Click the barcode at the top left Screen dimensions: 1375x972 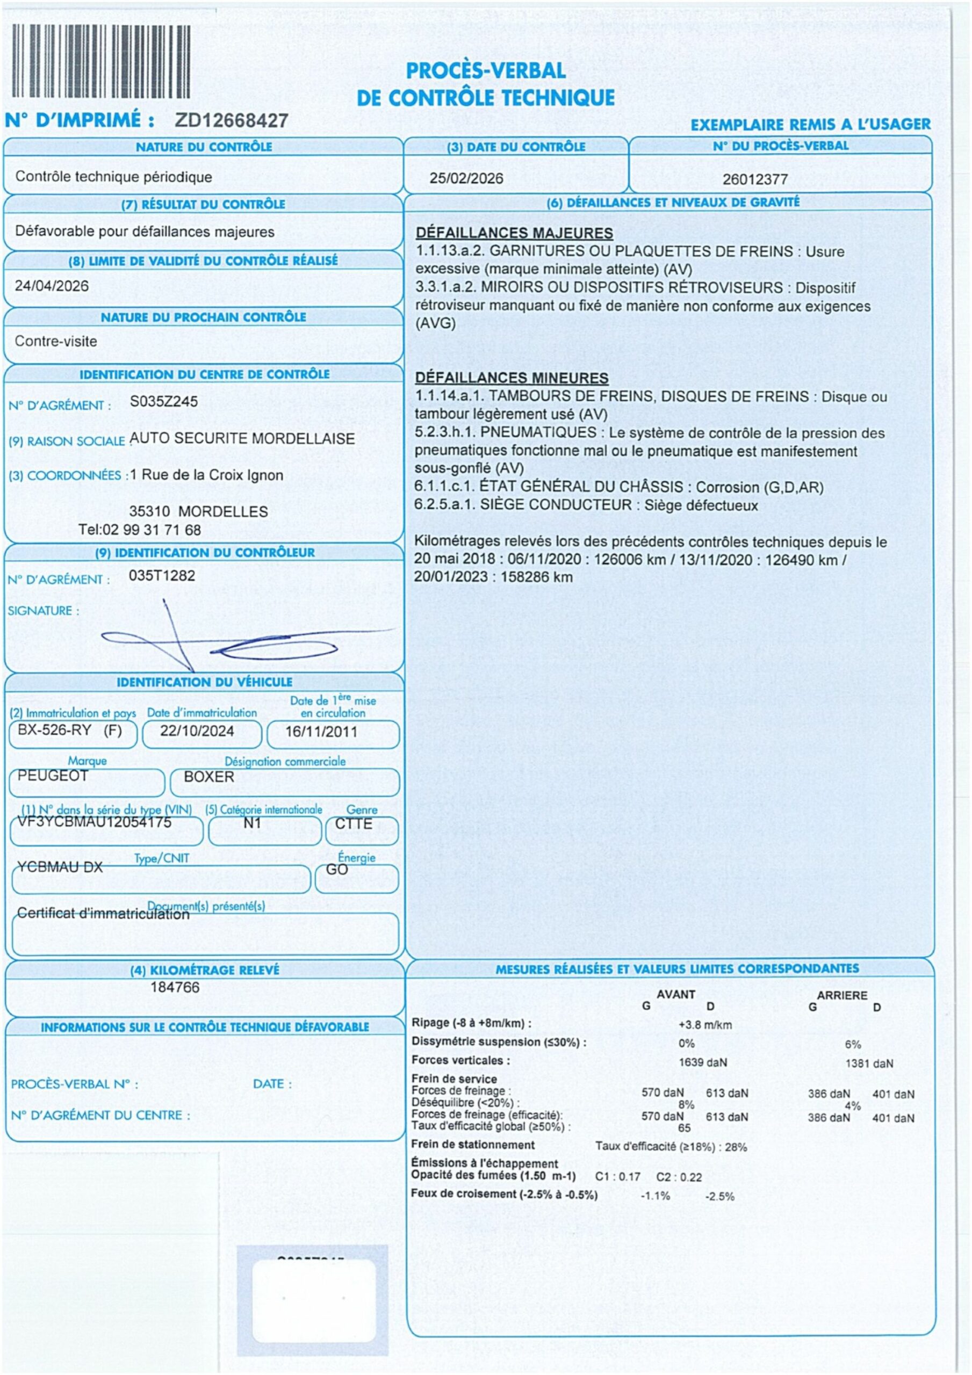(x=100, y=61)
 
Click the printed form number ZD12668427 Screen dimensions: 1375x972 (x=232, y=120)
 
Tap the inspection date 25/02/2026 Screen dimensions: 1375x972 (x=466, y=178)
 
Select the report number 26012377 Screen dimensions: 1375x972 (x=754, y=179)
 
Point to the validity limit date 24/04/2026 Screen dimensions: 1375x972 (x=52, y=286)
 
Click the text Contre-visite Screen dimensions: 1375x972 (x=56, y=342)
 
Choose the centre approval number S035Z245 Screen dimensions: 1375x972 (x=163, y=401)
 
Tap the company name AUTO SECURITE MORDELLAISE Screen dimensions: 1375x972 (x=242, y=438)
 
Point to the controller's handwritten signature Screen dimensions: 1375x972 (x=240, y=641)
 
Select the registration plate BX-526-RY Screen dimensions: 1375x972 (x=54, y=730)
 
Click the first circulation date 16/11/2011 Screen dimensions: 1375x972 (x=321, y=732)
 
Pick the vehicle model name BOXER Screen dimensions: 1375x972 (x=208, y=777)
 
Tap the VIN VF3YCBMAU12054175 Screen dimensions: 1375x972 (x=94, y=822)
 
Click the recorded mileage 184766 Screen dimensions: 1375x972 (x=175, y=988)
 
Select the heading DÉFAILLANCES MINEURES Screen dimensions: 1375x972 (x=512, y=378)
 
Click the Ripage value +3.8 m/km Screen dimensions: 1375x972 (x=705, y=1025)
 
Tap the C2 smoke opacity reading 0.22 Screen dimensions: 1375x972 (x=690, y=1177)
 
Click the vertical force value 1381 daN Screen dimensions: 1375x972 (x=869, y=1063)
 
